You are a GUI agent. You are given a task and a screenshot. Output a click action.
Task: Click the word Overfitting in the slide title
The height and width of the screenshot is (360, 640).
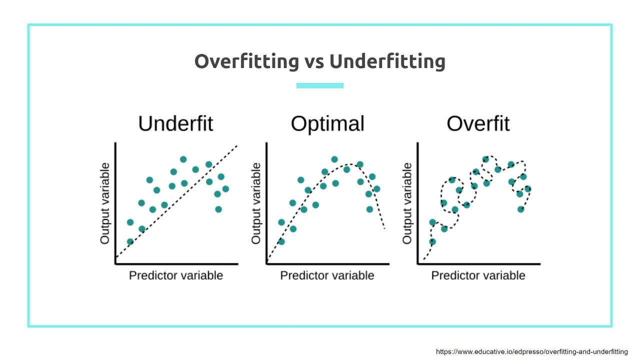tap(246, 61)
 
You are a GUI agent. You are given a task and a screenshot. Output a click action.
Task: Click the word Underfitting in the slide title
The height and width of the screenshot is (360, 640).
tap(387, 61)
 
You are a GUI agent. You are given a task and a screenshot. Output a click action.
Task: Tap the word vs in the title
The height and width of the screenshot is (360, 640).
tap(314, 62)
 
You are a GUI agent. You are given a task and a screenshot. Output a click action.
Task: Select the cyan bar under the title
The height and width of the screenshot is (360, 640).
tap(320, 85)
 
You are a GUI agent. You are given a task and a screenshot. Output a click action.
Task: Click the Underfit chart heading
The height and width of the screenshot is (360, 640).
tap(175, 123)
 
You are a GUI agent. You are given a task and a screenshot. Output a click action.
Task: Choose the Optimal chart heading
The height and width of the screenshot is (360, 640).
tap(327, 123)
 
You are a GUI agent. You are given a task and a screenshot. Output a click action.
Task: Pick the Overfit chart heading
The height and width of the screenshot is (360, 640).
tap(478, 123)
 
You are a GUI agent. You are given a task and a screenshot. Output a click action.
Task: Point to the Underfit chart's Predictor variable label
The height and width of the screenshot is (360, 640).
tap(176, 275)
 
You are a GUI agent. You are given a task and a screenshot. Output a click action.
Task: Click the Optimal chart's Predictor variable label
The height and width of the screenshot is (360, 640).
tap(327, 275)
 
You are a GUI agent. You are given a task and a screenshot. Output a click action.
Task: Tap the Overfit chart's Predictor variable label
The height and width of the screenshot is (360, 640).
tap(478, 275)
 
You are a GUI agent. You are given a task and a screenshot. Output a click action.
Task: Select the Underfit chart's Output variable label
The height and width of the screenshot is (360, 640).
tap(105, 203)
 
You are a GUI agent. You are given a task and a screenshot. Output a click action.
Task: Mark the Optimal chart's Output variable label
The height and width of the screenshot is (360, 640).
tap(256, 203)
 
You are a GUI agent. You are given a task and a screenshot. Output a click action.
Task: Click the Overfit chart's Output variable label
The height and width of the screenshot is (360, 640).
tap(407, 203)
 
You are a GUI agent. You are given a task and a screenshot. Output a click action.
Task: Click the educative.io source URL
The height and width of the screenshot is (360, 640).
tap(531, 352)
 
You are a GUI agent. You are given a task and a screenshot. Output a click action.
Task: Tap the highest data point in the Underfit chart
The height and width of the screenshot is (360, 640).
tap(183, 159)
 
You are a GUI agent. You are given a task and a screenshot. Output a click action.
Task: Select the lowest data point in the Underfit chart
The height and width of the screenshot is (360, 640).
tap(130, 241)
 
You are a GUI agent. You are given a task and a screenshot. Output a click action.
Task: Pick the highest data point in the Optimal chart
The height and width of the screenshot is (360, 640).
tap(334, 159)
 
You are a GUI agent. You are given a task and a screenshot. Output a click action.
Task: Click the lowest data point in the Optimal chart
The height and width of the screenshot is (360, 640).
tap(281, 241)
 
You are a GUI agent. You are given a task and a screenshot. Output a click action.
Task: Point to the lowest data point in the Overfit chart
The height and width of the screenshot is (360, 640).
tap(432, 241)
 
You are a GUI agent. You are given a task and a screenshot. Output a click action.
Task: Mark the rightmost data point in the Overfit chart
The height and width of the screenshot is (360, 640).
tap(527, 189)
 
